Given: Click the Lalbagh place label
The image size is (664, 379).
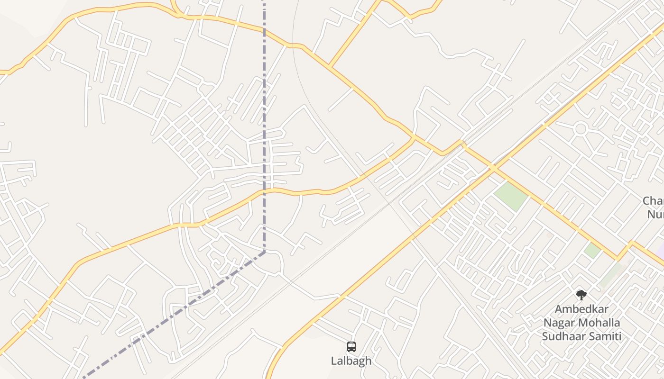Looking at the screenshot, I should coord(351,361).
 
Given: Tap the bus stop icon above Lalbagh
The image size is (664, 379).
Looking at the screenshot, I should coord(351,347).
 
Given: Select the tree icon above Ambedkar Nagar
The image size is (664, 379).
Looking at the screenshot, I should coord(581,296).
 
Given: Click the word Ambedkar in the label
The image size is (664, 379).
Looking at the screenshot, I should coord(581,309).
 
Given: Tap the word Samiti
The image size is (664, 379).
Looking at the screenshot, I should coord(604,337).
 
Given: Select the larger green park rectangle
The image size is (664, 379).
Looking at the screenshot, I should coord(510,196).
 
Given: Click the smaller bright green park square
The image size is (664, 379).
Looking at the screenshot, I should coord(592,250).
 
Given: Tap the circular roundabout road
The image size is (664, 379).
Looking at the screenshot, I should coord(581,128).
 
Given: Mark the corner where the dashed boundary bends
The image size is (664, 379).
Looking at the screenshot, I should coord(264,252).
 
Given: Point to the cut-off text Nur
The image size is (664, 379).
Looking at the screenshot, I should coord(655,214).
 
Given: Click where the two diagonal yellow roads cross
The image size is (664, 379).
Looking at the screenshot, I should coord(494,168).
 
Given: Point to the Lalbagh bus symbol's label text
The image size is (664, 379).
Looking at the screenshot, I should coord(351,361).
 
